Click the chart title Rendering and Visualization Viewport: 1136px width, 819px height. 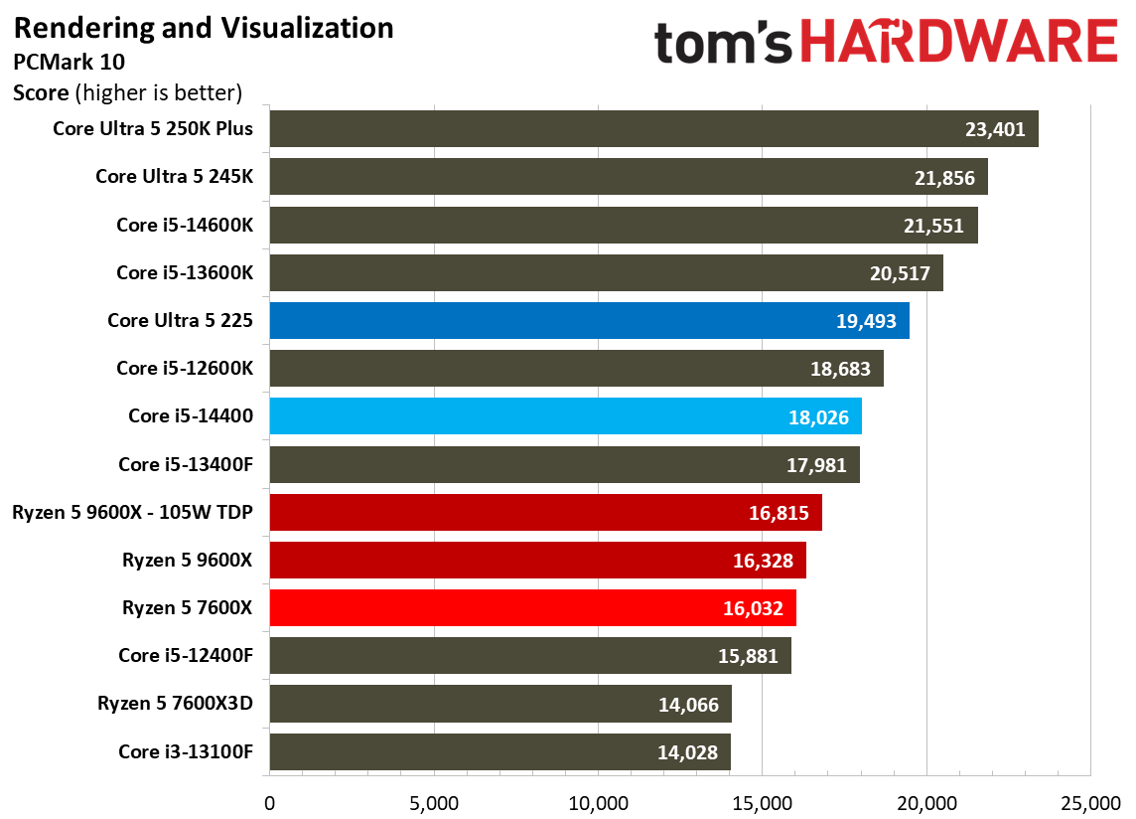[x=204, y=29]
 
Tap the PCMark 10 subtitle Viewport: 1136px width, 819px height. [x=69, y=63]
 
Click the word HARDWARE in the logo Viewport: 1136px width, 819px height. [x=959, y=42]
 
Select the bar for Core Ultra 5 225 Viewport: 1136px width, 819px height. [x=590, y=321]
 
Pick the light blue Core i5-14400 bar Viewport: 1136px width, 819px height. [x=566, y=416]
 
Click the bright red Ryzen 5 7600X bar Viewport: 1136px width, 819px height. [x=533, y=608]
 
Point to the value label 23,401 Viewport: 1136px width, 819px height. [x=995, y=130]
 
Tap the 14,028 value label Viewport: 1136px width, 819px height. [x=687, y=753]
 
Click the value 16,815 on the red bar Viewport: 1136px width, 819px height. [x=779, y=514]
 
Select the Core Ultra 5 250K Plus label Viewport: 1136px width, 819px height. [x=153, y=128]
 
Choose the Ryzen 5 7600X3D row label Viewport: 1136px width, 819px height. [x=176, y=704]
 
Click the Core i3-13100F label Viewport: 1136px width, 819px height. [x=187, y=751]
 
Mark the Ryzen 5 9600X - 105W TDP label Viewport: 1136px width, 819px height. [x=133, y=512]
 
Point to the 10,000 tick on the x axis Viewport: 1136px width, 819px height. [x=599, y=804]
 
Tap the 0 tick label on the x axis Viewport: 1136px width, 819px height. [x=269, y=804]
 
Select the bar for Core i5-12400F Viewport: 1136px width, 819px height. [x=530, y=656]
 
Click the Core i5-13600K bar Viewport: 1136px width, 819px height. [x=607, y=272]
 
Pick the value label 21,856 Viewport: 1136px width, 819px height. [x=944, y=178]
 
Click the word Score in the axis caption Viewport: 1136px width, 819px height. [x=42, y=93]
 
